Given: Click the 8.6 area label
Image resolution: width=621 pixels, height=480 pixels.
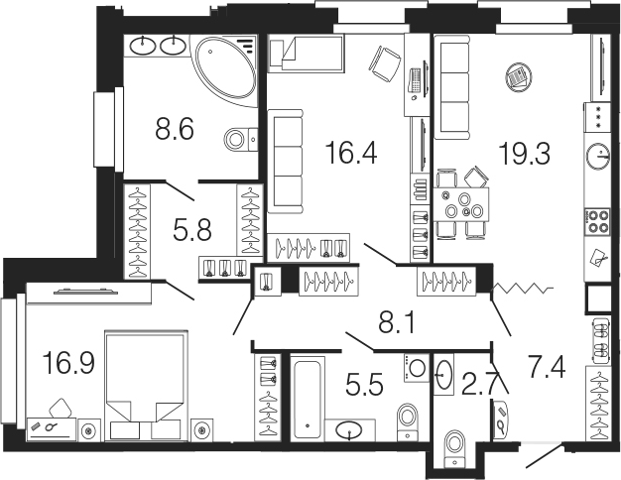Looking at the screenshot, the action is [175, 130].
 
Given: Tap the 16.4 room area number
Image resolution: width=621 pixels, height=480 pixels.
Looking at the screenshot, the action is [350, 154].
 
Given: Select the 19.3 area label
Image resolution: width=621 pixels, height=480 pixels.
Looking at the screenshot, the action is [525, 154].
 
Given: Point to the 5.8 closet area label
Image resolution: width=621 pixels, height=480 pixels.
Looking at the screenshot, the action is [192, 230].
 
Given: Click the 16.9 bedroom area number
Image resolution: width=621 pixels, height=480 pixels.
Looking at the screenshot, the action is [69, 363].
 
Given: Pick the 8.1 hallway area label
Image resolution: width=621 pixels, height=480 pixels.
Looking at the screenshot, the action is [397, 324].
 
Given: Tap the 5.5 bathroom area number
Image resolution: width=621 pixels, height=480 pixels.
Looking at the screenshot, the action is [364, 385].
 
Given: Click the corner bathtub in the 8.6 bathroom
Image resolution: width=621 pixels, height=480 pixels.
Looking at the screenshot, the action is [226, 69].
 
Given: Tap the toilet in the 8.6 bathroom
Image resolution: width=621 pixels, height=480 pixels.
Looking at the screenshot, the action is [241, 139].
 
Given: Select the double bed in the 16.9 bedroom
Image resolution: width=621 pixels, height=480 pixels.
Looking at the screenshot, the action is [146, 386].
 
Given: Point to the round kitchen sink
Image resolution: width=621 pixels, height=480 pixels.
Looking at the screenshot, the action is [598, 157].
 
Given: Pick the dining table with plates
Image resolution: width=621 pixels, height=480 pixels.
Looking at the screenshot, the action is [461, 204].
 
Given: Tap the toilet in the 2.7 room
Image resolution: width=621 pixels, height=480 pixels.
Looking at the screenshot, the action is [454, 448].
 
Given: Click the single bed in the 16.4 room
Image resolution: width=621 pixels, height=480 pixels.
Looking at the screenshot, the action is [306, 54].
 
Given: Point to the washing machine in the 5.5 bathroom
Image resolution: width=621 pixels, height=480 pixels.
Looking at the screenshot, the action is [416, 368].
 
